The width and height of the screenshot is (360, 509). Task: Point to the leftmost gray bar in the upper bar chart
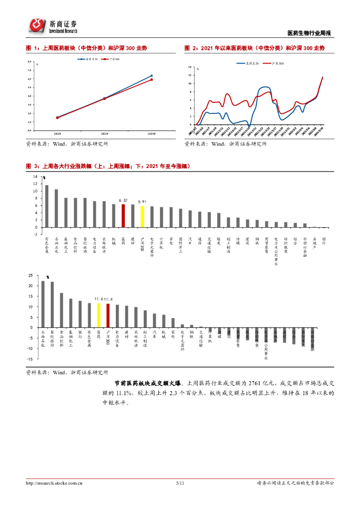click(47, 206)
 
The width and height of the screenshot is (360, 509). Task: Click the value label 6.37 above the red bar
click(123, 200)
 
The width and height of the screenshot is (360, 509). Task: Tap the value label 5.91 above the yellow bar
click(142, 202)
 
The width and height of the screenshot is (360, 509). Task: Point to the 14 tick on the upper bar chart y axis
click(35, 176)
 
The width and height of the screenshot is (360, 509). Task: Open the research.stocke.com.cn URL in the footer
click(54, 483)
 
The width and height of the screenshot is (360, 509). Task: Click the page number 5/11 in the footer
click(180, 483)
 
